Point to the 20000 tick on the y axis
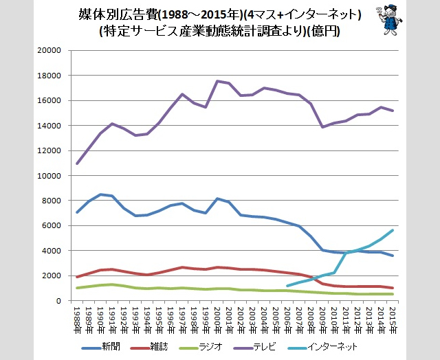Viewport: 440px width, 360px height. pyautogui.click(x=52, y=51)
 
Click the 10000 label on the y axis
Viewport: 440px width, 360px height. pyautogui.click(x=52, y=176)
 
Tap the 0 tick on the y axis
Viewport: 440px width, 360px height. pyautogui.click(x=60, y=301)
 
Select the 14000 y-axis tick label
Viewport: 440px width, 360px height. pyautogui.click(x=52, y=126)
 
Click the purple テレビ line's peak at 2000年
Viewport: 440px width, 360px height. pyautogui.click(x=217, y=81)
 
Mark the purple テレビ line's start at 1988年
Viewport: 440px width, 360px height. pyautogui.click(x=77, y=164)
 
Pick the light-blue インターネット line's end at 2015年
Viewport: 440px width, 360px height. pyautogui.click(x=393, y=230)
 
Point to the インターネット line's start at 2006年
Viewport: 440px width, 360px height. pyautogui.click(x=287, y=286)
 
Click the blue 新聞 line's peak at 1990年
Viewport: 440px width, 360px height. pyautogui.click(x=100, y=194)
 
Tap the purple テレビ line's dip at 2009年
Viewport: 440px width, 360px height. pyautogui.click(x=322, y=127)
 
